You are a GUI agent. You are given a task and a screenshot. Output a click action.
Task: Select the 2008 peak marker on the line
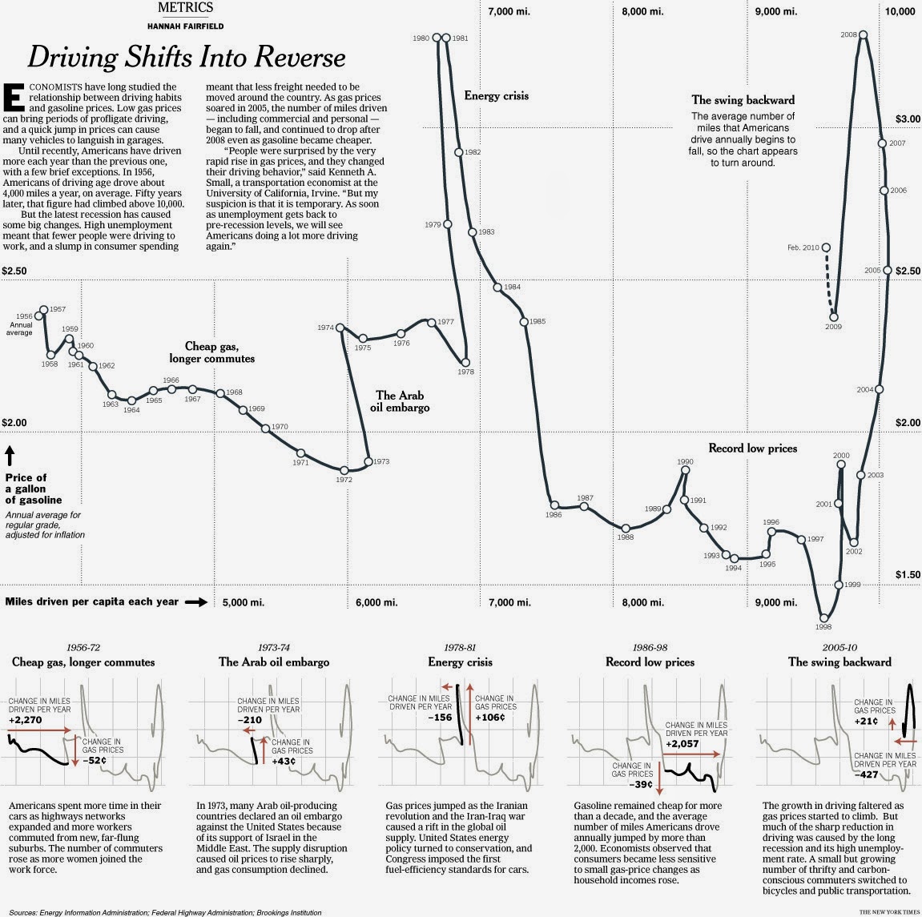(863, 34)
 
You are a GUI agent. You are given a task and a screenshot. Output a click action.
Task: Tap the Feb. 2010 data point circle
(826, 247)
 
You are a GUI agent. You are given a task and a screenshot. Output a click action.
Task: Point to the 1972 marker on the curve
(344, 470)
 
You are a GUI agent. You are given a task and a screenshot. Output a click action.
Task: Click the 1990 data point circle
(685, 471)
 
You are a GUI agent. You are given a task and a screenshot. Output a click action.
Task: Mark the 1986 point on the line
(554, 505)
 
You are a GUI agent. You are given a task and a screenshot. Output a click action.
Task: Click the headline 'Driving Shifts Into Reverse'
(187, 57)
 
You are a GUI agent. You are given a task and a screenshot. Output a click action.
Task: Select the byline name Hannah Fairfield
(186, 26)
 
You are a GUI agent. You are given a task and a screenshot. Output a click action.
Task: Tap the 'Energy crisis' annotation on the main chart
(496, 96)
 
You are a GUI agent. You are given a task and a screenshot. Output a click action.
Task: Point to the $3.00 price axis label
(908, 119)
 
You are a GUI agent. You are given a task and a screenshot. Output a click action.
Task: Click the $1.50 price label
(908, 575)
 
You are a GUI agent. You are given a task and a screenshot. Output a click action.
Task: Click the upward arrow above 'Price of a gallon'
(10, 457)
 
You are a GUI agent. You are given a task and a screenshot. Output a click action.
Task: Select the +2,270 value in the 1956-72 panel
(25, 720)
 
